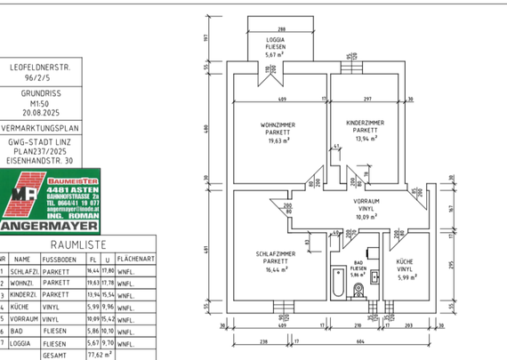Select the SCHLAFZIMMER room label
275,254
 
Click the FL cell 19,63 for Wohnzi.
92,283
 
